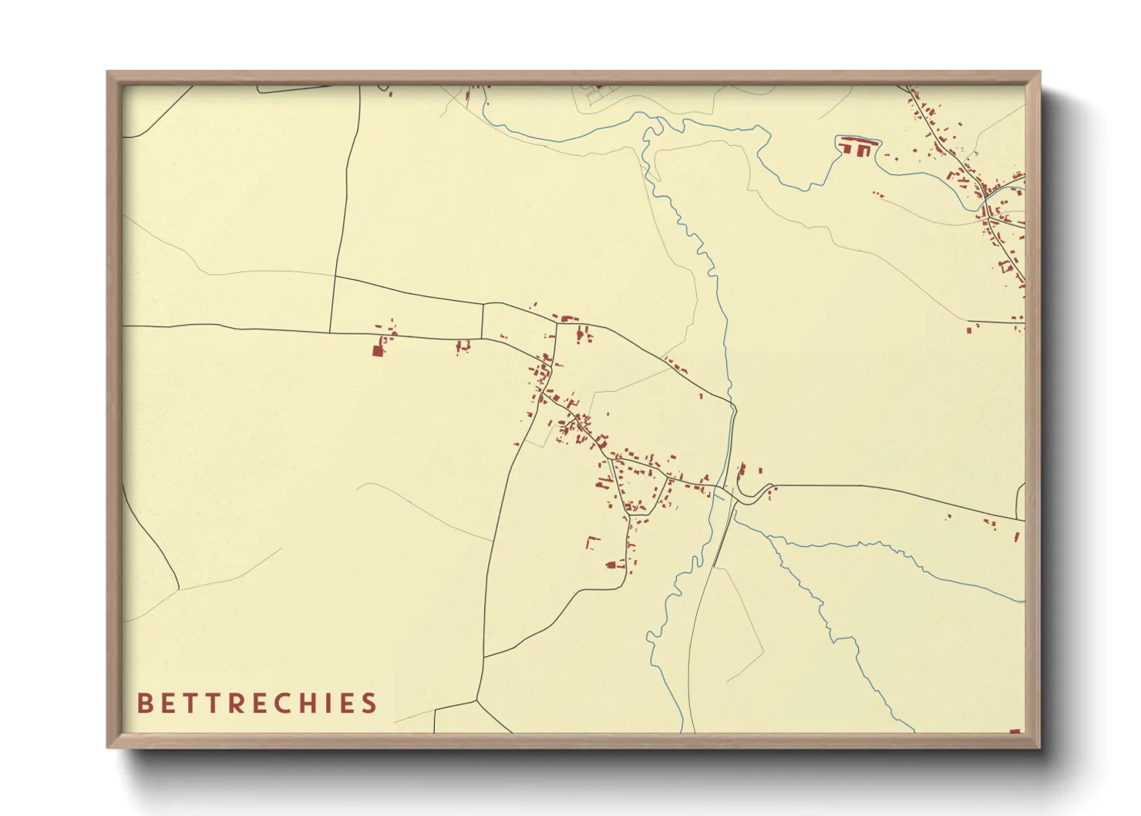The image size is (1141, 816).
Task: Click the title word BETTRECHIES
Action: (257, 703)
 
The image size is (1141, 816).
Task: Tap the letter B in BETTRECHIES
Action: (143, 703)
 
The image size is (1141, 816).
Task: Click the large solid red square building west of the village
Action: (378, 351)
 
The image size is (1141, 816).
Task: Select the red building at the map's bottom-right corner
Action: (1015, 730)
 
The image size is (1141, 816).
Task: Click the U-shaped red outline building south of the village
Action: (593, 541)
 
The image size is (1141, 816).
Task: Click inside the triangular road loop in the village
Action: (640, 488)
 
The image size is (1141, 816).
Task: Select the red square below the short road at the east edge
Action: (969, 329)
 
